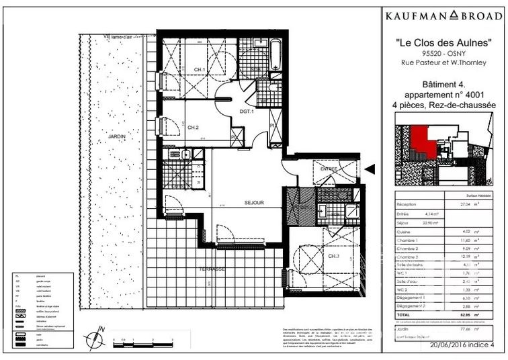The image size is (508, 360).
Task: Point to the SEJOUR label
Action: click(x=253, y=203)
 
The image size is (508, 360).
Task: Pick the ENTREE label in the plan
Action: click(x=329, y=169)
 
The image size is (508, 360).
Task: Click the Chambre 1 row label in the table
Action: click(x=409, y=240)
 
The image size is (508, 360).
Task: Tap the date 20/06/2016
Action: click(x=450, y=346)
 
